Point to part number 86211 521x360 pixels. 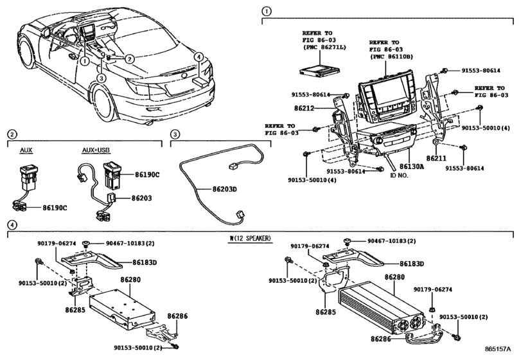436,157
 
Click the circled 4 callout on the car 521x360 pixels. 200,57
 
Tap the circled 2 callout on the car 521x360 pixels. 130,59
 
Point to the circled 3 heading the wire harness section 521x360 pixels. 174,135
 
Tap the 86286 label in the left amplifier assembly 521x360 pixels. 178,317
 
